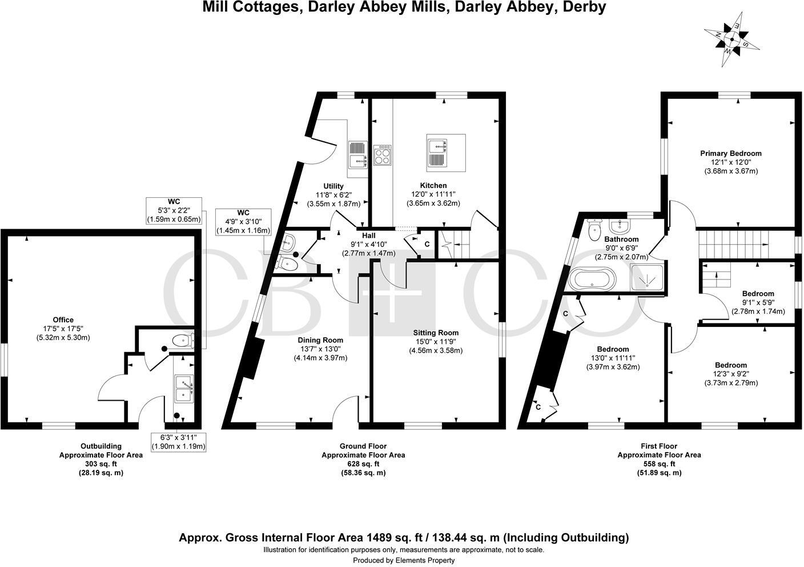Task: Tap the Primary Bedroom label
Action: click(x=731, y=153)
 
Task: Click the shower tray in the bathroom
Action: click(x=648, y=278)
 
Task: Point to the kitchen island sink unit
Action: click(x=446, y=153)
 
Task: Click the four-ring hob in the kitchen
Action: click(x=383, y=155)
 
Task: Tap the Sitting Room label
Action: click(x=436, y=333)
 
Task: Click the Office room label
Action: click(x=63, y=320)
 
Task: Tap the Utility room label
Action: click(x=333, y=186)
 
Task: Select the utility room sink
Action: click(x=359, y=162)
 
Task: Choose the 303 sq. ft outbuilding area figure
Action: click(x=101, y=464)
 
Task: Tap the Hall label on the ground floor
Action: click(x=368, y=235)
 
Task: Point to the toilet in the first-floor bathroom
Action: click(x=594, y=231)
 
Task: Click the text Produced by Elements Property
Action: click(x=404, y=561)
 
